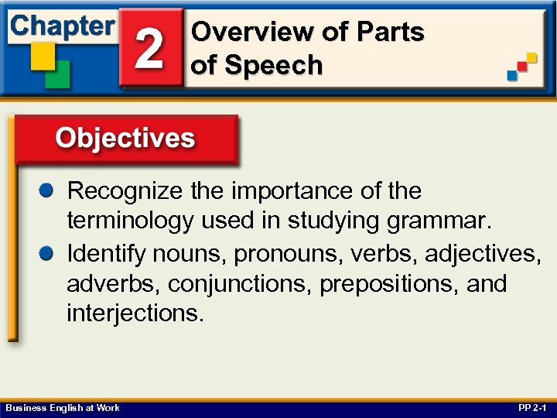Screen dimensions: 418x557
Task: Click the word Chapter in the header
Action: (x=62, y=26)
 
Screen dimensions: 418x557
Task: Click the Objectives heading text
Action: (x=125, y=139)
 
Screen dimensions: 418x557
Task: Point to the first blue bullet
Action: (x=48, y=190)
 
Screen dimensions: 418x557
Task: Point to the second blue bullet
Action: (x=48, y=252)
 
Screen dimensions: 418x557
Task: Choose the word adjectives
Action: (x=484, y=253)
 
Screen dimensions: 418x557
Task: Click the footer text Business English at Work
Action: (x=63, y=408)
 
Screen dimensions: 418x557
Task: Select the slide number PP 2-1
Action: (x=533, y=408)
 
